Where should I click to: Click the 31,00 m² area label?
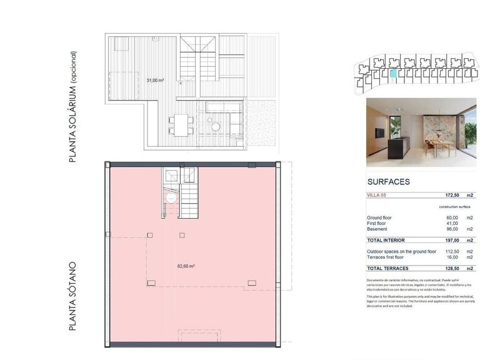point(155,81)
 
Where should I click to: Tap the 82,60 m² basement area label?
point(186,266)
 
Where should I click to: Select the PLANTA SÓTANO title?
point(74,296)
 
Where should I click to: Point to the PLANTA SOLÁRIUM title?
point(74,107)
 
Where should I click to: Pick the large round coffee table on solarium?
point(216,126)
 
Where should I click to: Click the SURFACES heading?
point(388,182)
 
